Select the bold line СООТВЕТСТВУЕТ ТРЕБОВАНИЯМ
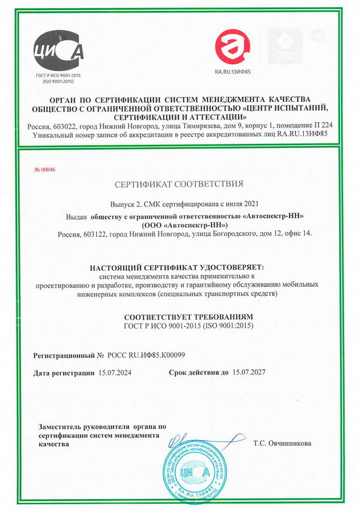[x=179, y=316]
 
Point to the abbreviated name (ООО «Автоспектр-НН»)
[x=179, y=225]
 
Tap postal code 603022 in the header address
[x=65, y=125]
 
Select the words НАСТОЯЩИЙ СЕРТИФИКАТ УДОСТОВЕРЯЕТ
[x=179, y=267]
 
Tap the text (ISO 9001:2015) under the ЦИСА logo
[x=60, y=82]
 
